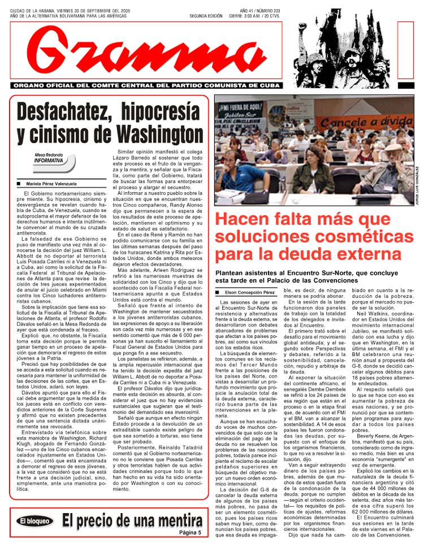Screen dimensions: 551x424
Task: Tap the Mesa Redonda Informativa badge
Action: coord(53,162)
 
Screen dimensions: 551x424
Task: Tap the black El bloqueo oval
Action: coord(34,521)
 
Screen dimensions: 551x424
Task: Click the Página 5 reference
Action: coord(189,533)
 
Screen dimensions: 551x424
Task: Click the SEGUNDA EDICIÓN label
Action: coord(206,15)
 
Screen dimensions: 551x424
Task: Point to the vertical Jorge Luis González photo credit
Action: coord(417,187)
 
